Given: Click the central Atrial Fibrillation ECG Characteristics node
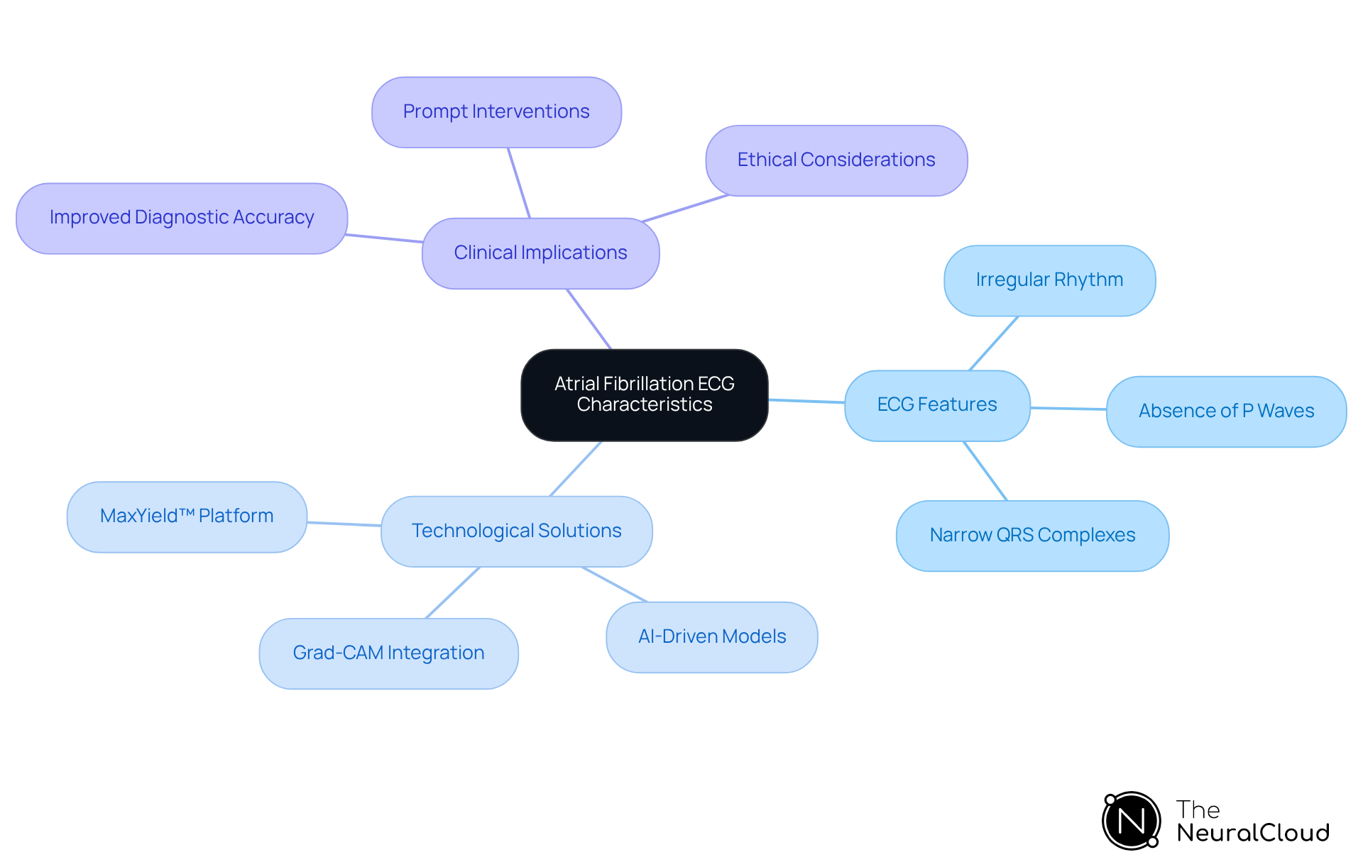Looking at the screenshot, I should click(644, 394).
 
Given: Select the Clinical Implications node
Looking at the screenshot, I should click(540, 253).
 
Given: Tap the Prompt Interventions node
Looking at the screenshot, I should click(496, 112).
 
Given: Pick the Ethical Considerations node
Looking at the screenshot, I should click(836, 160).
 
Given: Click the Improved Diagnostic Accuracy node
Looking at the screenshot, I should click(182, 218).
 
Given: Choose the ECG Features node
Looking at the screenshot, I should click(936, 405).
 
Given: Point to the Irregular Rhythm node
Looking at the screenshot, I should click(1049, 280).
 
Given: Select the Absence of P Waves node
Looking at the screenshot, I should click(1225, 411).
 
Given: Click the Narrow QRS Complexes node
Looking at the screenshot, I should click(1031, 536).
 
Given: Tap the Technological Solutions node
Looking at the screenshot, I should click(516, 531).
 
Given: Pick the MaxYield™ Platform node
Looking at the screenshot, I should click(187, 516).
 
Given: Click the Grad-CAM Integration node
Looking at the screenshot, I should click(388, 653).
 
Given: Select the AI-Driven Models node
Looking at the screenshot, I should click(711, 637).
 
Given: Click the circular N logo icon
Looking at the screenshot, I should click(1131, 821).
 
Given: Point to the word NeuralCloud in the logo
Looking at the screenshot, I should click(1252, 833).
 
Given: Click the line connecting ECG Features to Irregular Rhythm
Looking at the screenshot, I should click(994, 343).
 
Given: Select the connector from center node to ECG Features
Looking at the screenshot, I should click(806, 401).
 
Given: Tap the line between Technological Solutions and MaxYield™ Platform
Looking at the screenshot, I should click(344, 524).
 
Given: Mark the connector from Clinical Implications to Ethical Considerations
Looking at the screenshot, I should click(685, 208).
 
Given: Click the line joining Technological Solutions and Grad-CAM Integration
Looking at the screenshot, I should click(453, 592).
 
